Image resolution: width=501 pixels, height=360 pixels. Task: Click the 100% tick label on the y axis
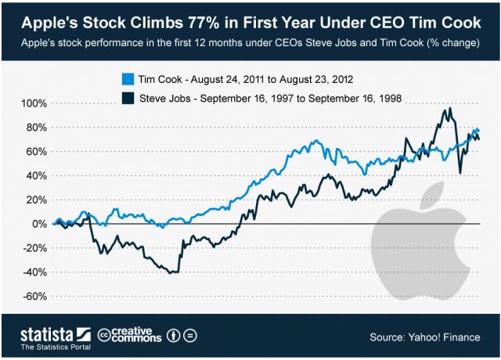pos(35,103)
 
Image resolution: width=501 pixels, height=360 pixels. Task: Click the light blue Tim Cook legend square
pos(128,79)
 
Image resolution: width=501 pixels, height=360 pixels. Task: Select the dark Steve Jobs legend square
pos(128,98)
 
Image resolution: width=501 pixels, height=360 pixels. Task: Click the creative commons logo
pos(130,335)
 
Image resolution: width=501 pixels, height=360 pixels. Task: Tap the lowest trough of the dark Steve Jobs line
pos(173,273)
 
